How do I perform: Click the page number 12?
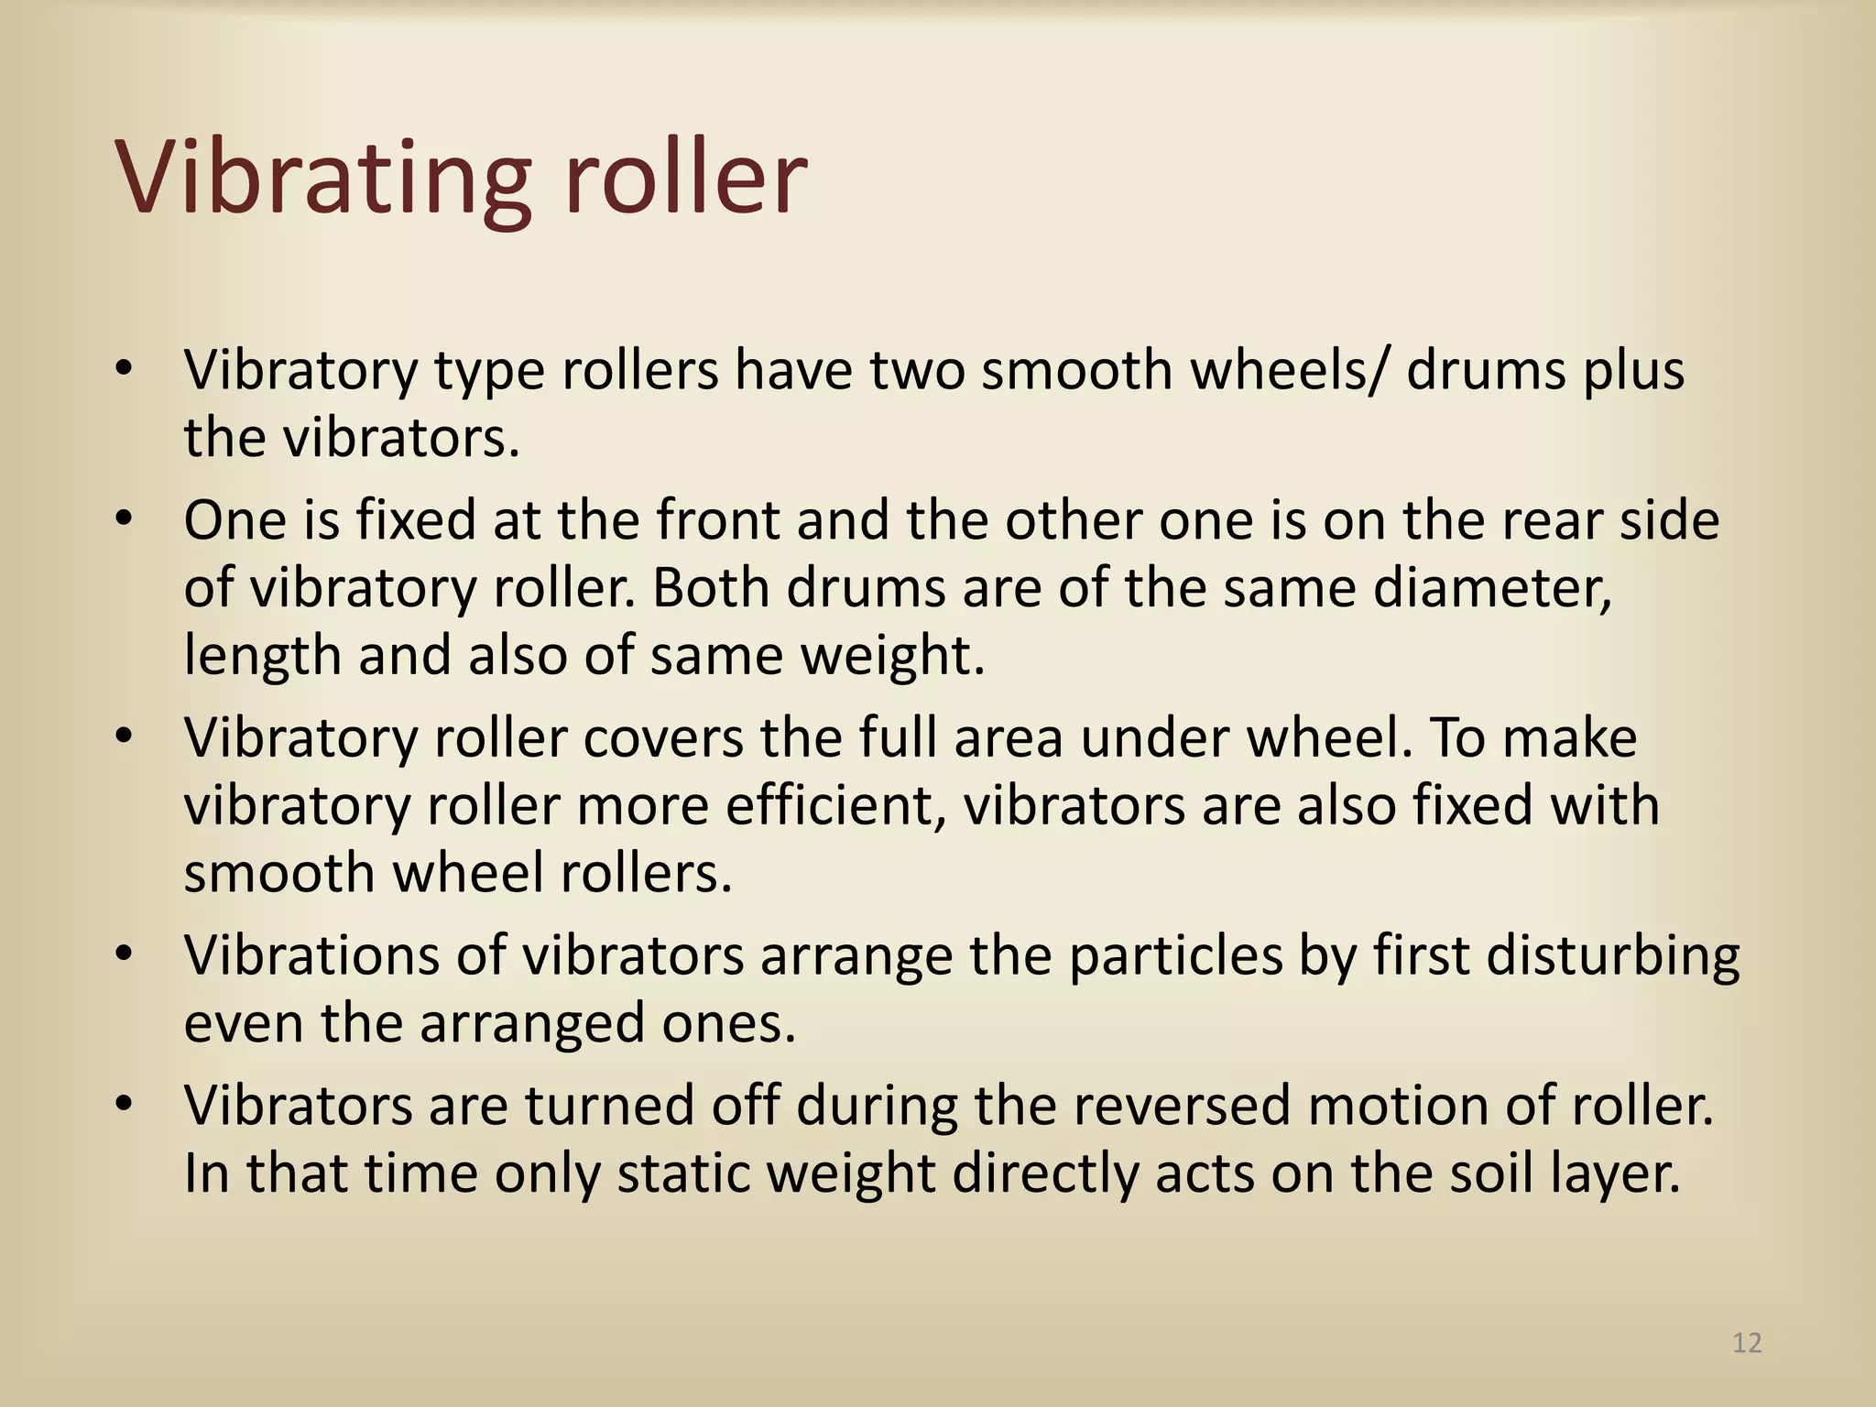point(1747,1343)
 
